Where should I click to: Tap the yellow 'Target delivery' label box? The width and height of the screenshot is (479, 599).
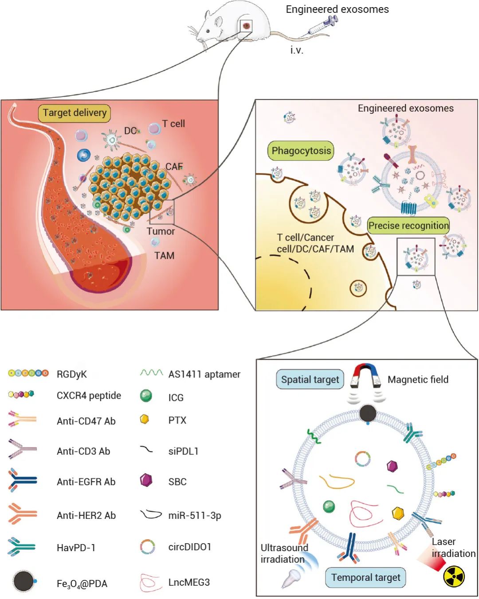(x=75, y=113)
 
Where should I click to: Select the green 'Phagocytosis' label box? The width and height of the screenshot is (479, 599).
(x=301, y=151)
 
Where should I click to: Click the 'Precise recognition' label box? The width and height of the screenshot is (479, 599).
(x=408, y=226)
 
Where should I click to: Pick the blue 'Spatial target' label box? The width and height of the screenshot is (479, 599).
(x=310, y=380)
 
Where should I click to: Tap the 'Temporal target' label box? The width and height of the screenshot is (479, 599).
(x=365, y=578)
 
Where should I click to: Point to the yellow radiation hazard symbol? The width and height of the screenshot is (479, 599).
(x=454, y=576)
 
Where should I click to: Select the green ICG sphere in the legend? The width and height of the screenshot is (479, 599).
(x=146, y=396)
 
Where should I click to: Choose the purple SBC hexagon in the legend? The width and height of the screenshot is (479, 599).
(x=146, y=480)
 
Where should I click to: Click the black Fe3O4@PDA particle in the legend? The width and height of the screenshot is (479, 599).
(x=24, y=581)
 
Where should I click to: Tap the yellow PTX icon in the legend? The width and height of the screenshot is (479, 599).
(x=144, y=419)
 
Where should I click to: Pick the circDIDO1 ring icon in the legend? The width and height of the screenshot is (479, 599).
(x=147, y=547)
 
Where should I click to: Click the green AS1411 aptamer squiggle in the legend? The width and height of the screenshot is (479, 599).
(x=151, y=373)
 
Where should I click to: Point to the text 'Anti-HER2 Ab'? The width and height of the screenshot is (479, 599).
(x=86, y=515)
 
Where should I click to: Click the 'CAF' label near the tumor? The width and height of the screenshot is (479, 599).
(x=174, y=167)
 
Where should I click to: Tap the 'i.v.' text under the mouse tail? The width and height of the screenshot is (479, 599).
(x=297, y=50)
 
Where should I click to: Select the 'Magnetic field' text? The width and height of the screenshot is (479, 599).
(x=418, y=380)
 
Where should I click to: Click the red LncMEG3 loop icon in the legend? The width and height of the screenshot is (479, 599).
(x=149, y=582)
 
